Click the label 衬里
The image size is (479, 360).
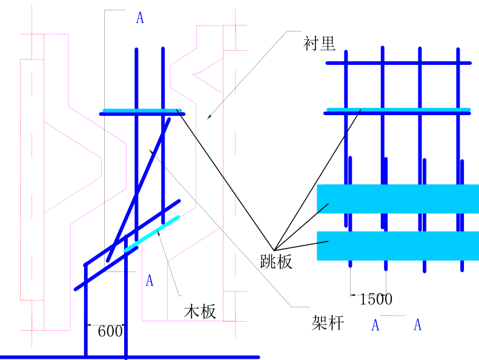[x=319, y=43]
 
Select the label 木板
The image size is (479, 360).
[x=200, y=312]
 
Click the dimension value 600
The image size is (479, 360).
[x=110, y=331]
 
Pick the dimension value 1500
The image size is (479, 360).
[x=376, y=299]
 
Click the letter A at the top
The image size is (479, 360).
[x=140, y=18]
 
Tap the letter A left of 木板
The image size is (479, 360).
[x=150, y=281]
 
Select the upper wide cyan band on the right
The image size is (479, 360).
[x=398, y=198]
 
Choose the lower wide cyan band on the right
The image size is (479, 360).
[x=398, y=245]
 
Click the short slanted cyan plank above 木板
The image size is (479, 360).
[x=152, y=233]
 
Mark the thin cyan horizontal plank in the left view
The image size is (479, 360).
[x=141, y=110]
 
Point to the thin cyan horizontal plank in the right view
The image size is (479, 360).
[x=398, y=110]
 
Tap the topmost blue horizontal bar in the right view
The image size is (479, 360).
[x=398, y=63]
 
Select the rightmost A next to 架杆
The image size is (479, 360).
[x=418, y=325]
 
